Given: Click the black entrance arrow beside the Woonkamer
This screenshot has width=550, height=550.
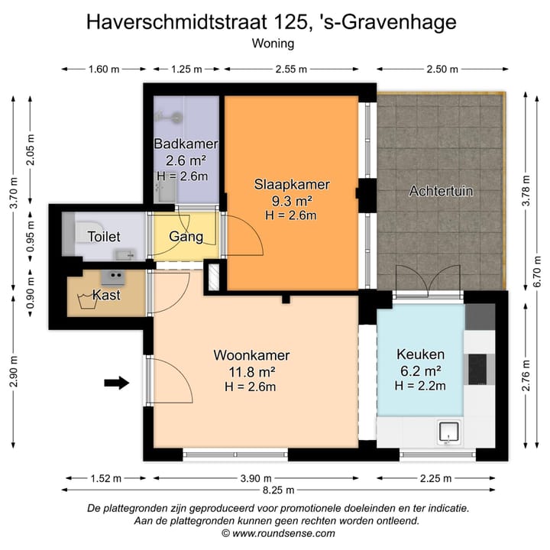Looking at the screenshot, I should tap(116, 383).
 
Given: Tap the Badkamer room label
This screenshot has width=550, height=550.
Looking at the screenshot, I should tap(186, 144).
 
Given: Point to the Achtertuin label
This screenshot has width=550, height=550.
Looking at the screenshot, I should tap(441, 191).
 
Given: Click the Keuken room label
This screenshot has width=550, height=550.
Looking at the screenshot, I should tap(419, 355).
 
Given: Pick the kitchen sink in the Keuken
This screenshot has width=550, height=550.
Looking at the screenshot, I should tap(448, 432).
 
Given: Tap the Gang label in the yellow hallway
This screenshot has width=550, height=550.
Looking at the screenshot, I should tap(186, 236).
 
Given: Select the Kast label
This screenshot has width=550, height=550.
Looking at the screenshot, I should tap(105, 295).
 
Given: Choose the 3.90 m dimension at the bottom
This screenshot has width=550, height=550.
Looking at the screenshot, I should tap(256, 478).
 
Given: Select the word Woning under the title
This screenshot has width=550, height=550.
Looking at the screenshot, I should tap(273, 44).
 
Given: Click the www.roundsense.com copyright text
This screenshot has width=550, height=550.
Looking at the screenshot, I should tap(278, 533).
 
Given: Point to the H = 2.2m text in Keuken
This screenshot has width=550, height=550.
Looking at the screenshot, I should tap(419, 386).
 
